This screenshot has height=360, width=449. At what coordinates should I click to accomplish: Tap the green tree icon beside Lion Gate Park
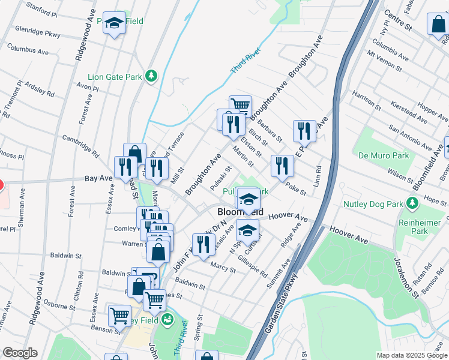click(152, 76)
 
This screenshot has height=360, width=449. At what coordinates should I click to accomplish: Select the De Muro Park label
click(384, 155)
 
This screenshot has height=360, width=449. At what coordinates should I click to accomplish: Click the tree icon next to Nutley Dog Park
click(412, 203)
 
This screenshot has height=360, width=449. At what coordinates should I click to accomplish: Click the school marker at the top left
click(114, 24)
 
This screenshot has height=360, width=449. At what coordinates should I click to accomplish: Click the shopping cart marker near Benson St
click(120, 314)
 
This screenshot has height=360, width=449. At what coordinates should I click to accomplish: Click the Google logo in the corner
click(20, 353)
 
